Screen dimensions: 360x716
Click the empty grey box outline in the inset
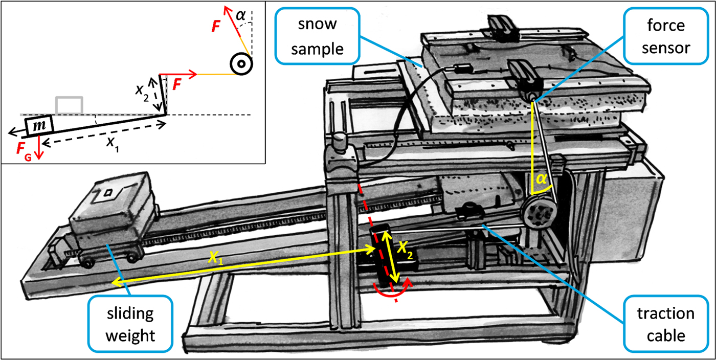[x=69, y=104]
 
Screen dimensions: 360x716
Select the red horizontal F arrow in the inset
[x=178, y=75]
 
